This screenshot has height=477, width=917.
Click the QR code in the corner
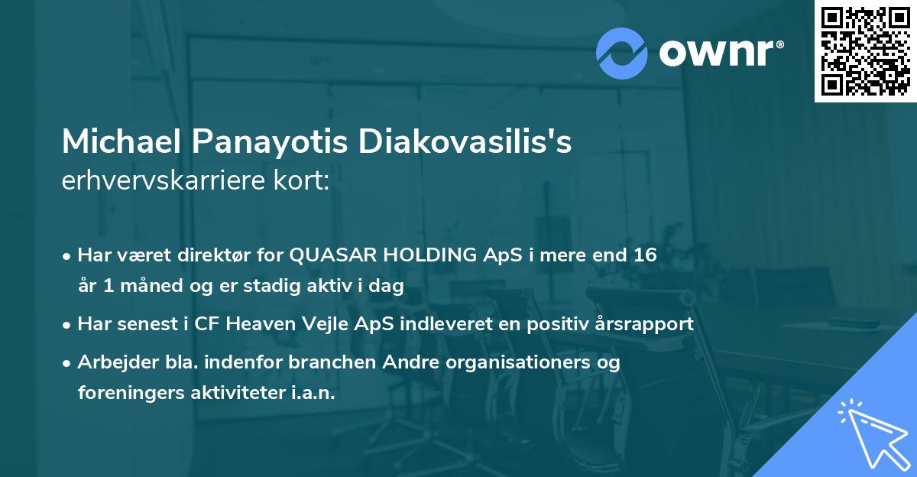(x=865, y=50)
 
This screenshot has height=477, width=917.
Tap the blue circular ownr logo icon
(x=622, y=53)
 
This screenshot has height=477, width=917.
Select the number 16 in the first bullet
(x=645, y=255)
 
